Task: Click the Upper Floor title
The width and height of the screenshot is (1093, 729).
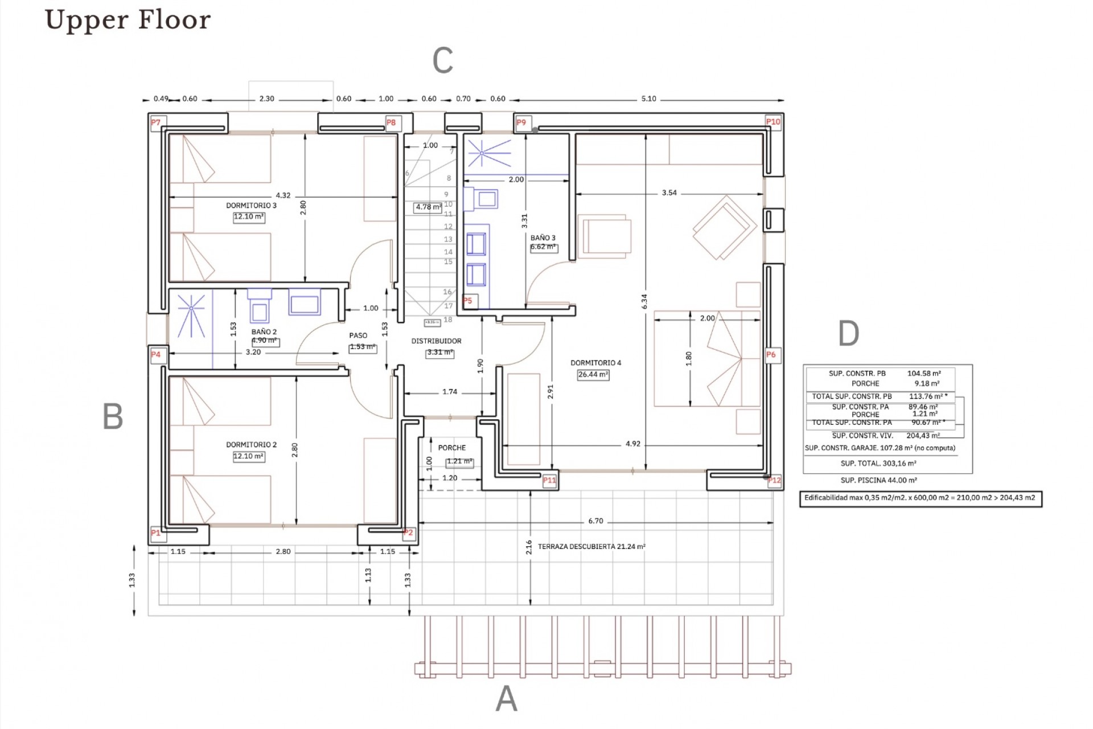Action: click(128, 20)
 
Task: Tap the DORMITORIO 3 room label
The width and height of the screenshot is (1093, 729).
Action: click(251, 206)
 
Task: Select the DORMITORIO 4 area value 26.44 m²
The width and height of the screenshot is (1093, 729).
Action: click(593, 375)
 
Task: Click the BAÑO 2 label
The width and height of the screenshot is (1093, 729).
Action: click(264, 331)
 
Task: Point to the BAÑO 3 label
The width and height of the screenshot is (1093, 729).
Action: click(543, 238)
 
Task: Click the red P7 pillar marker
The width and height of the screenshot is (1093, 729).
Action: click(156, 122)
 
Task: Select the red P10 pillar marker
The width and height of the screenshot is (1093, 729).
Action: click(773, 122)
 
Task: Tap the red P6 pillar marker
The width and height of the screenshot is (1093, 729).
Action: click(771, 354)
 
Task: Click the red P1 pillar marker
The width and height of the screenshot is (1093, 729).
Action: click(155, 533)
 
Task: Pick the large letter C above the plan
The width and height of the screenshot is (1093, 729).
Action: click(443, 60)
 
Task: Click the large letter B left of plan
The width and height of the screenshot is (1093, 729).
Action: click(113, 416)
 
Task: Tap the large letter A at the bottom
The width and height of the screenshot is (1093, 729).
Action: click(506, 698)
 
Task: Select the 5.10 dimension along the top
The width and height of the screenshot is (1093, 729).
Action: click(648, 99)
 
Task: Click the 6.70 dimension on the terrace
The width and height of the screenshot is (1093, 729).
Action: click(595, 521)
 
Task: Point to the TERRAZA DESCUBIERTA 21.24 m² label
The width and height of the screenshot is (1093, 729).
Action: click(591, 547)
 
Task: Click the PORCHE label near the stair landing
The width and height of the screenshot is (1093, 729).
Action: click(452, 448)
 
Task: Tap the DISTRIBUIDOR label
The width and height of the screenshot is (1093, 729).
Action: click(437, 341)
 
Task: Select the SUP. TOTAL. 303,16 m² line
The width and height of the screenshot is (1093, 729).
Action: click(878, 464)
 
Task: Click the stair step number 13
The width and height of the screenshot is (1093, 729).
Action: click(448, 239)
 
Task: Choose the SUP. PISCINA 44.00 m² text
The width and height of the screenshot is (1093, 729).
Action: click(878, 480)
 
